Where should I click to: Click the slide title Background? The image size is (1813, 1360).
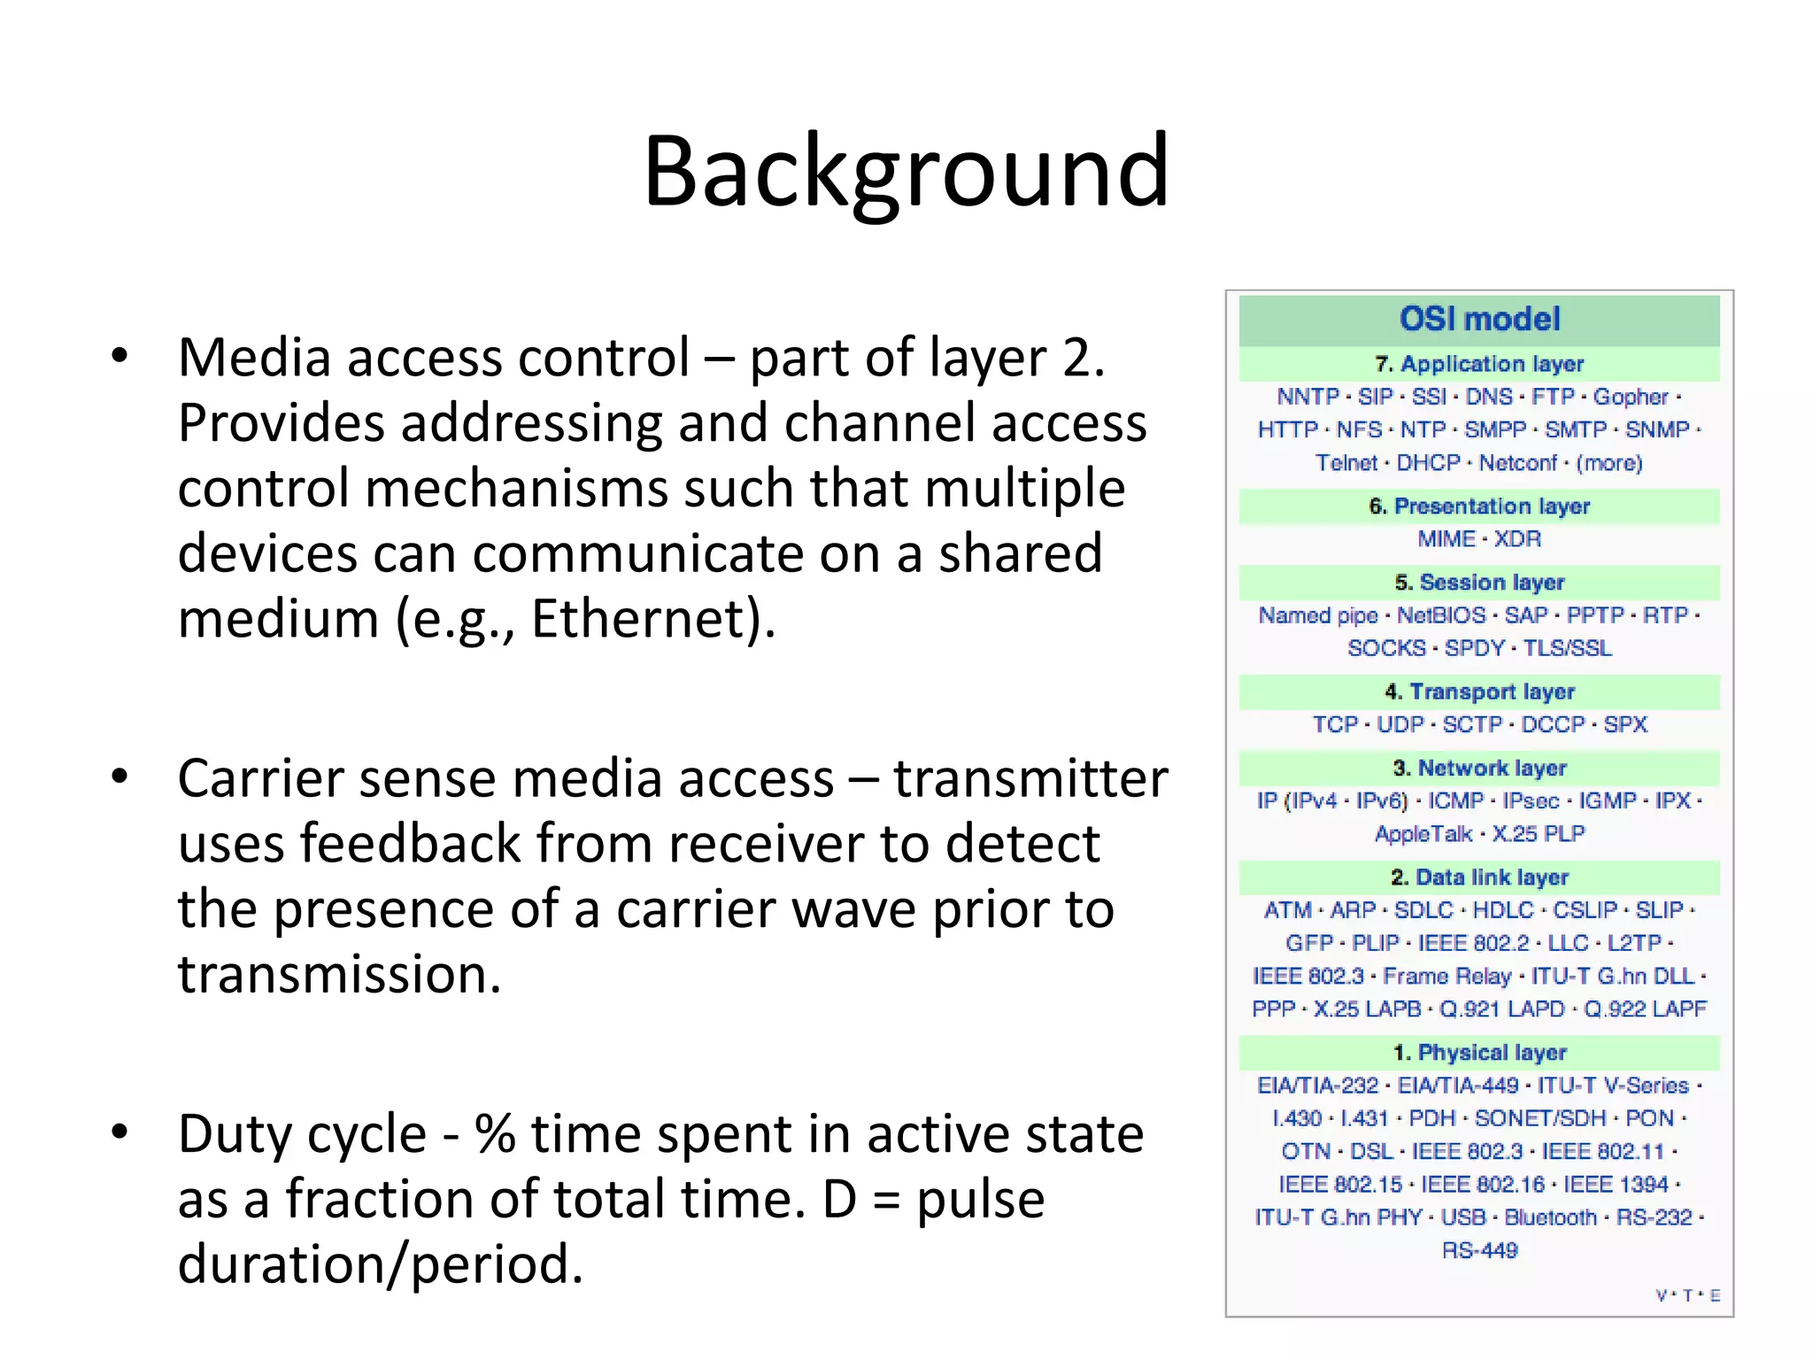click(x=906, y=170)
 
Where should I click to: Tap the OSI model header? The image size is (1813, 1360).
click(x=1479, y=319)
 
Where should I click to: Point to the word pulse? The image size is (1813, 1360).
click(x=980, y=1199)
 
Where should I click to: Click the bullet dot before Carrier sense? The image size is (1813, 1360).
click(x=120, y=777)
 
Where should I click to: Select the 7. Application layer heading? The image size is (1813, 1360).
click(x=1479, y=364)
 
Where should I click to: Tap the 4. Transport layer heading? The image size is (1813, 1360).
click(x=1479, y=692)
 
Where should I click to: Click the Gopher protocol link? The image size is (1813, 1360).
click(x=1631, y=397)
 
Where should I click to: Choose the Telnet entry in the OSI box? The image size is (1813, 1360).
click(x=1346, y=463)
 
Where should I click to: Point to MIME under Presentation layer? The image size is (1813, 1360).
click(x=1446, y=539)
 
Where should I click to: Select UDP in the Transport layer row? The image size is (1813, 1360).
click(x=1400, y=724)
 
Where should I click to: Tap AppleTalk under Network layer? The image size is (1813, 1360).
click(x=1423, y=834)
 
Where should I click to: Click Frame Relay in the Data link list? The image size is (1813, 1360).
click(x=1447, y=976)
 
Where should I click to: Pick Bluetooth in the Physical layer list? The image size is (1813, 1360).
click(x=1550, y=1217)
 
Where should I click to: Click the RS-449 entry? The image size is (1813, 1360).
click(x=1479, y=1250)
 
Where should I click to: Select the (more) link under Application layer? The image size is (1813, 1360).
click(x=1609, y=463)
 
